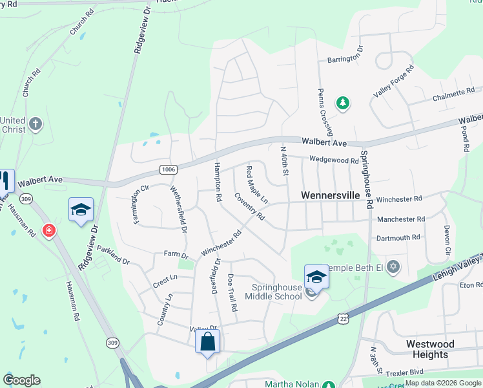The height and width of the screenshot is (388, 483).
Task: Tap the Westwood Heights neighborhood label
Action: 430,349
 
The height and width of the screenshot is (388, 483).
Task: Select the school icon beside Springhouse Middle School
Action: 316,277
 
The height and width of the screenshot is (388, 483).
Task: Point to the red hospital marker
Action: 48,230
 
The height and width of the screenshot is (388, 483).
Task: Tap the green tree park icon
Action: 342,103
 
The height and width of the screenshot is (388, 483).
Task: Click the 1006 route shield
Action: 168,169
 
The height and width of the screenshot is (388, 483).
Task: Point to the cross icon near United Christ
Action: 36,123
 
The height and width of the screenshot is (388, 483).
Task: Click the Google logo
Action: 21,380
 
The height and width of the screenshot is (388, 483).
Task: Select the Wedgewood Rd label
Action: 333,160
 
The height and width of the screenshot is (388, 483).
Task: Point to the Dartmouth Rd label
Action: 400,238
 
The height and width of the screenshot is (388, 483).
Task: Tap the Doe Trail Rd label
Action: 231,297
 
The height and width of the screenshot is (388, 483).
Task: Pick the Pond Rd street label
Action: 465,138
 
